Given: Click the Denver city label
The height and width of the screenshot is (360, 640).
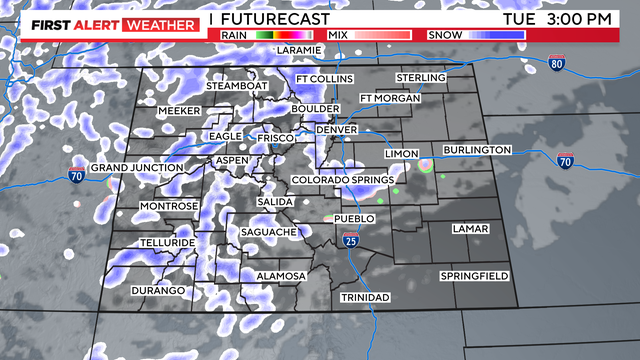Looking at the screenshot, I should [336, 130].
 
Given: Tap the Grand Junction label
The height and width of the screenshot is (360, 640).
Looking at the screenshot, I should [136, 168].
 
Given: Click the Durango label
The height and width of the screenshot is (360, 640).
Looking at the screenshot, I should [161, 290].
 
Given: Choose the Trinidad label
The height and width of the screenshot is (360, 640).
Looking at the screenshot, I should [363, 298].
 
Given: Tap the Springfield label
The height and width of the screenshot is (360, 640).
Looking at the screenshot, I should [475, 275].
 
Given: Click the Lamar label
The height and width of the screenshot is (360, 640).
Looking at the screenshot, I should [470, 229].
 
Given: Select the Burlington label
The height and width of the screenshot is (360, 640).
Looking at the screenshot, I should [477, 150].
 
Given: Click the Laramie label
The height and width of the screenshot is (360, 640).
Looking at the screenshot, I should [299, 49].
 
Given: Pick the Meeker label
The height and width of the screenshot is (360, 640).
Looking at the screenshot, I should [180, 111].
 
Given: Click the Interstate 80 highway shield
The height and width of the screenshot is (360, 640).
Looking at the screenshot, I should [557, 64].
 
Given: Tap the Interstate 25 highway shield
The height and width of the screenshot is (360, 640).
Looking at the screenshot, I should [350, 240].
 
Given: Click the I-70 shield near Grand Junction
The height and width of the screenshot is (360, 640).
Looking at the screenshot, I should [77, 177].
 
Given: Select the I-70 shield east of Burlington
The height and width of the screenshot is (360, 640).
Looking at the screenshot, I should [565, 159].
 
